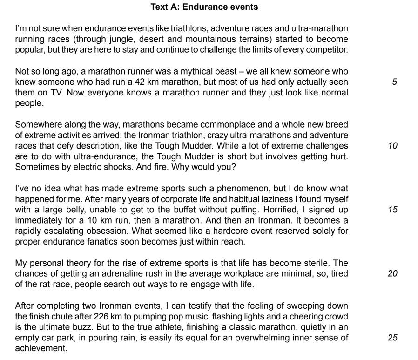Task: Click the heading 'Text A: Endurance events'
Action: (204, 7)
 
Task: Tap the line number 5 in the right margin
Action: (394, 82)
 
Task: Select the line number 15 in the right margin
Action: (392, 210)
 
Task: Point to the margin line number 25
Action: (392, 338)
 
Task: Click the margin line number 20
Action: (392, 274)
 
